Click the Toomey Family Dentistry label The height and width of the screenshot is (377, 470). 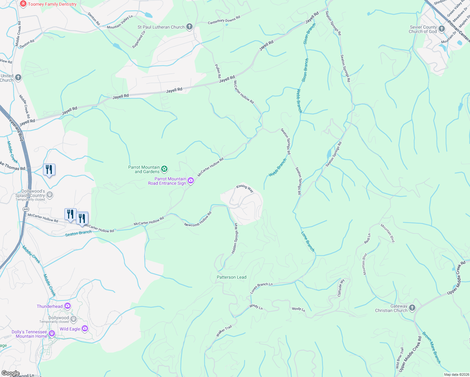52,4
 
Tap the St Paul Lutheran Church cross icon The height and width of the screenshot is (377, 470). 189,27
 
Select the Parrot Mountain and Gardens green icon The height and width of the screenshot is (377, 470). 164,169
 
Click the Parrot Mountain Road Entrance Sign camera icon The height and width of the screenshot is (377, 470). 191,181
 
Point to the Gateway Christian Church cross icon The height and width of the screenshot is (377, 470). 413,308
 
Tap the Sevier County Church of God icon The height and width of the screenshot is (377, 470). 442,29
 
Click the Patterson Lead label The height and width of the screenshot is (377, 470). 232,277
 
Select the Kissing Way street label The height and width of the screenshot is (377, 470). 245,188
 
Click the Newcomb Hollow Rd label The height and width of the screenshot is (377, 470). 198,219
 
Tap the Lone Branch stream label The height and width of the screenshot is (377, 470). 308,242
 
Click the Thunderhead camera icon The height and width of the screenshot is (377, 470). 68,306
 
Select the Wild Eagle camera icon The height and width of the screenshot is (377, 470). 85,329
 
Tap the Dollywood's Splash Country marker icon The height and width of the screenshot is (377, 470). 50,195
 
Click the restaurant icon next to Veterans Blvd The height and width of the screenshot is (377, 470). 49,170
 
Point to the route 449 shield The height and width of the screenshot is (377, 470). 26,209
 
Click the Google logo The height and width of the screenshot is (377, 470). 10,373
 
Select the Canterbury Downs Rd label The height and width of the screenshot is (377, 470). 224,20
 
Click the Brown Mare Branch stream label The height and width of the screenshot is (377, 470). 431,347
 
